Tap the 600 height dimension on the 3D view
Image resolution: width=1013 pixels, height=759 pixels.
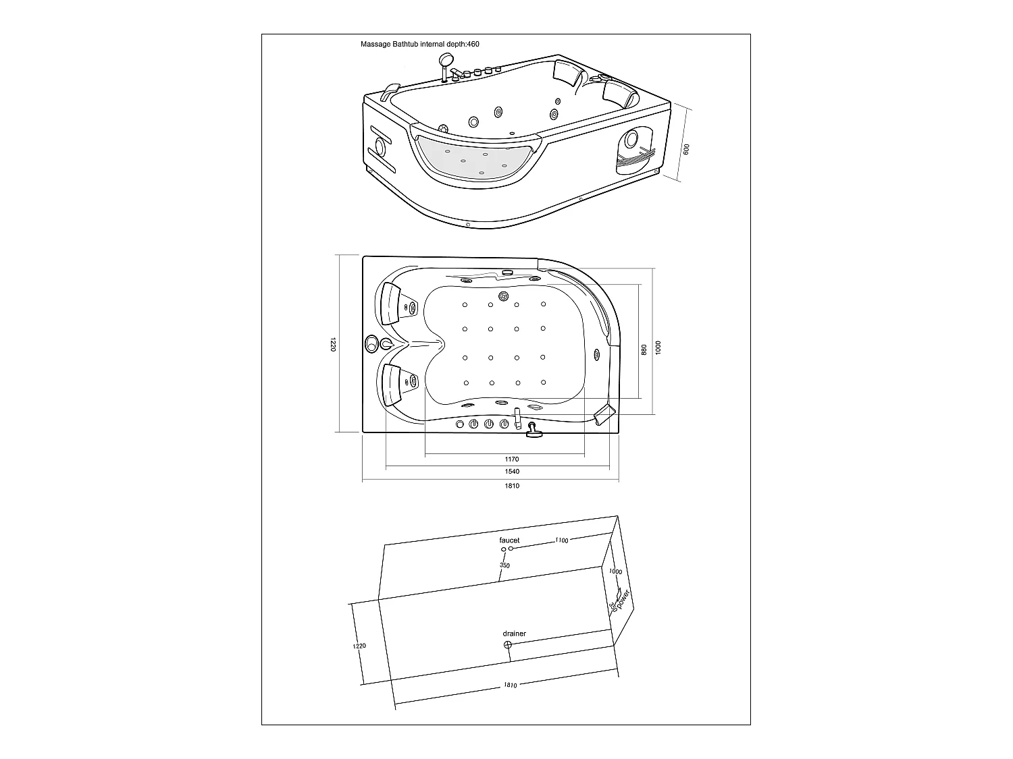(686, 150)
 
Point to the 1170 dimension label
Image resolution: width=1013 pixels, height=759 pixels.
(512, 459)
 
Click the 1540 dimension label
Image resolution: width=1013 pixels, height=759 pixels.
(512, 472)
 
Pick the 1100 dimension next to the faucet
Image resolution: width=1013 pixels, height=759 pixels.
(561, 540)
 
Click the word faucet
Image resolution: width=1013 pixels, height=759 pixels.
(509, 540)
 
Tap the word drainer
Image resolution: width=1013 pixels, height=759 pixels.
(514, 634)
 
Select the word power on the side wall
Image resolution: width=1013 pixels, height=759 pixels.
(623, 598)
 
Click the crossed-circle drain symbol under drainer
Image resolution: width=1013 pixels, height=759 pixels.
(508, 645)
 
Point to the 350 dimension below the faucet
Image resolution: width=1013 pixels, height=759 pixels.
(504, 565)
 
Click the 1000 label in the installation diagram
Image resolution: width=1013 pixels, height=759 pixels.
(615, 571)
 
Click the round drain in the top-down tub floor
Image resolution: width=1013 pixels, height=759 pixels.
(503, 296)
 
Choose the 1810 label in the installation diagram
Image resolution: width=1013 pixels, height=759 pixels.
(511, 685)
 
